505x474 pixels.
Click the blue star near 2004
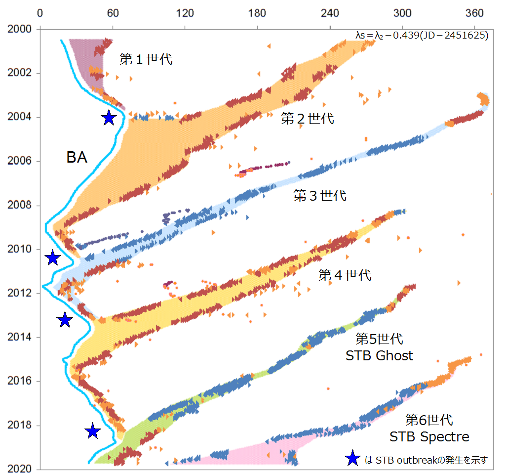(109, 118)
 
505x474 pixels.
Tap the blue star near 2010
(52, 258)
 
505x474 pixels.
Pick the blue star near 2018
(92, 431)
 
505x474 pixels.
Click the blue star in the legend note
(352, 459)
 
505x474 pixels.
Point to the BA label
(77, 158)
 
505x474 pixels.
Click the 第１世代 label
(146, 59)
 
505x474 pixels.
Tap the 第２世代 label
(308, 118)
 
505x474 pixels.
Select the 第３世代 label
(320, 195)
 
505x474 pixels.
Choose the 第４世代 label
(345, 275)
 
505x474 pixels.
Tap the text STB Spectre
(429, 437)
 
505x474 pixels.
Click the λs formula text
(422, 35)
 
